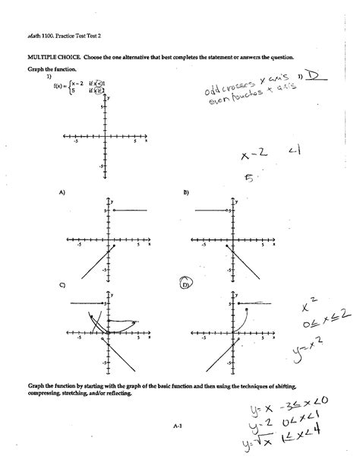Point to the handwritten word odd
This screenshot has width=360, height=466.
point(213,93)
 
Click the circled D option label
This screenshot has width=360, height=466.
point(185,285)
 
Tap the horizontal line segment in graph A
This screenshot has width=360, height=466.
point(129,209)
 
